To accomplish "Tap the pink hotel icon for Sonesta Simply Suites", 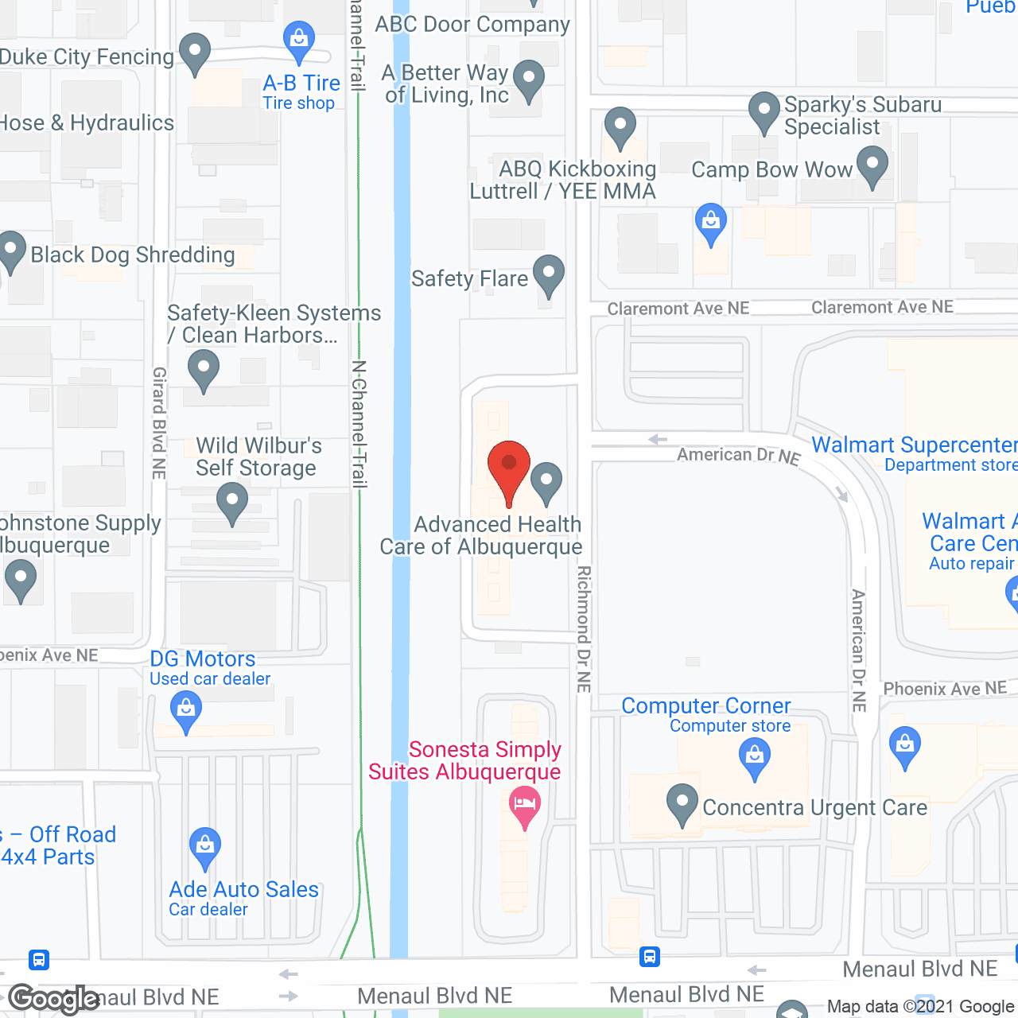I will click(524, 805).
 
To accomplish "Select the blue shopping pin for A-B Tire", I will click(299, 40).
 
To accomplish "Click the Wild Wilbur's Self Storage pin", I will click(232, 504).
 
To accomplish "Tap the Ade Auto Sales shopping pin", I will click(205, 848).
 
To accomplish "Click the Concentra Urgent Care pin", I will click(682, 804).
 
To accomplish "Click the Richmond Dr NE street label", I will click(584, 628).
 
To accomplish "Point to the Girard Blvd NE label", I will click(159, 422).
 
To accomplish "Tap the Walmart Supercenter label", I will click(914, 445).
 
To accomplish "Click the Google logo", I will click(54, 999).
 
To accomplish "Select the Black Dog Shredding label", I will click(133, 254).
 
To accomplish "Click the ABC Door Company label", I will click(472, 24).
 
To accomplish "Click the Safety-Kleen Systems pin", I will click(204, 370).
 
